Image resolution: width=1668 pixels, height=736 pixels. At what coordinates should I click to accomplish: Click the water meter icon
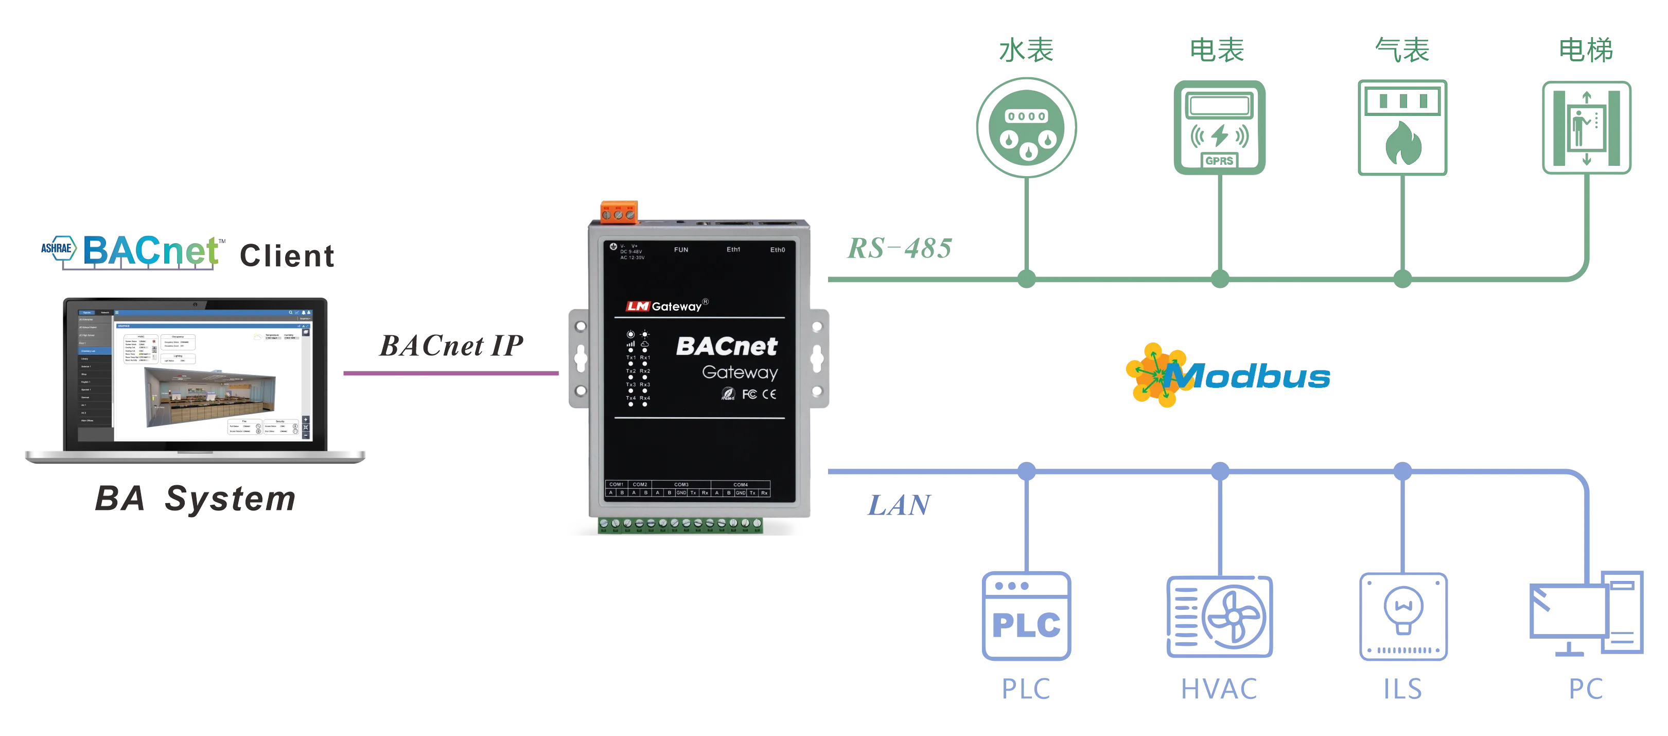pyautogui.click(x=1026, y=127)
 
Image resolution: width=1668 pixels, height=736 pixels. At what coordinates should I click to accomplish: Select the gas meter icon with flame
pyautogui.click(x=1402, y=128)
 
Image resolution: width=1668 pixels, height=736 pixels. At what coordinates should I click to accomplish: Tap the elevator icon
pyautogui.click(x=1586, y=128)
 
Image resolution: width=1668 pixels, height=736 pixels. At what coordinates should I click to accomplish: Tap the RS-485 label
pyautogui.click(x=899, y=248)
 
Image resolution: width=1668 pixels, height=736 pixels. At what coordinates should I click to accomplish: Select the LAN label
pyautogui.click(x=899, y=503)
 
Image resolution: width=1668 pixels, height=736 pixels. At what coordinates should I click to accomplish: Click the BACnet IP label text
pyautogui.click(x=450, y=346)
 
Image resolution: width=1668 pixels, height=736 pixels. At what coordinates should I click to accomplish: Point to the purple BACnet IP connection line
pyautogui.click(x=450, y=374)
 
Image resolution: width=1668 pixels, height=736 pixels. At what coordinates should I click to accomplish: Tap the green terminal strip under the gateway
pyautogui.click(x=680, y=525)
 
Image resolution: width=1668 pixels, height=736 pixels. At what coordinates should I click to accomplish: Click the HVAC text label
pyautogui.click(x=1221, y=689)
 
